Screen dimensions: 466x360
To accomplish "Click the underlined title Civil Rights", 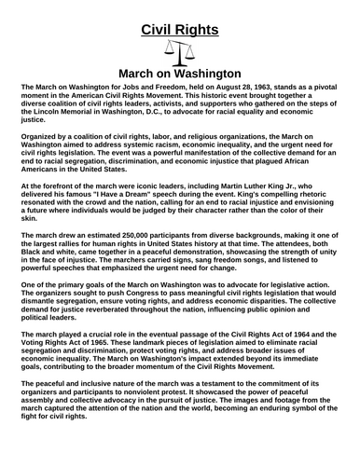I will [x=180, y=30].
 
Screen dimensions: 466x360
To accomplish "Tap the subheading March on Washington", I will [x=180, y=73].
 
